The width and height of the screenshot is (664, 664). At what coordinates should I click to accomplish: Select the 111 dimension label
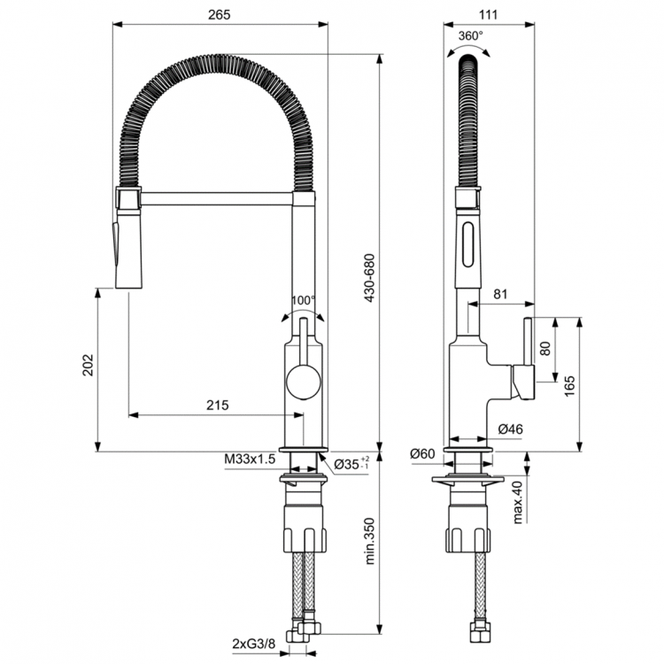click(488, 14)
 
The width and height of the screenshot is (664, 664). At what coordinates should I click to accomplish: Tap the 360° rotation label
click(471, 36)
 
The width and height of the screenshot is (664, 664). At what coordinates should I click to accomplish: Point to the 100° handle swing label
click(303, 301)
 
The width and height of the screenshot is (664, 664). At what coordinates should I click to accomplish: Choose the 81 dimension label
click(499, 295)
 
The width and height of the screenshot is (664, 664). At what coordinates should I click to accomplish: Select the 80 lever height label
click(545, 348)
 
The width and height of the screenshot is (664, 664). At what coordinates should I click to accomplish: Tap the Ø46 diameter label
click(511, 429)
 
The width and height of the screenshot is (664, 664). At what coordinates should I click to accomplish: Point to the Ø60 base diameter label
click(422, 454)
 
